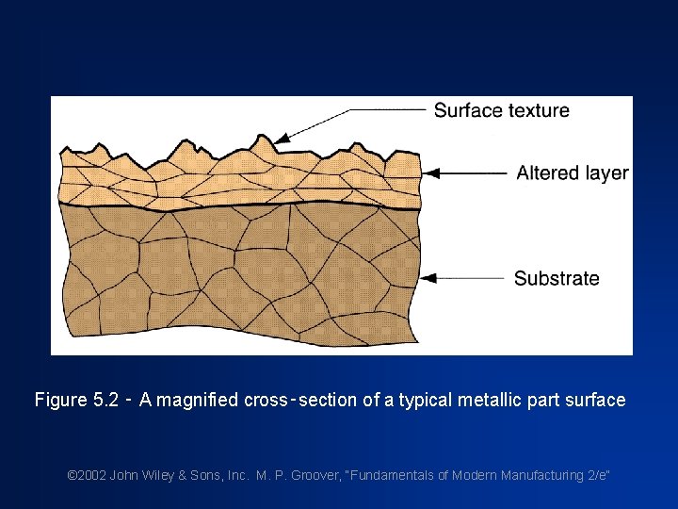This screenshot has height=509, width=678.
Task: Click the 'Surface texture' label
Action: (x=501, y=110)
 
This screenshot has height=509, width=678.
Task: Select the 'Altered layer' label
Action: (x=572, y=172)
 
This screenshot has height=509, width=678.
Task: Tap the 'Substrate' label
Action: (x=557, y=278)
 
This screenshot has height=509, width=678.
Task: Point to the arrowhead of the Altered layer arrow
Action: (x=430, y=173)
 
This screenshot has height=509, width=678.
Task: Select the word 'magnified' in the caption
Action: (x=199, y=400)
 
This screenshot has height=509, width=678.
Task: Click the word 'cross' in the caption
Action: (x=266, y=400)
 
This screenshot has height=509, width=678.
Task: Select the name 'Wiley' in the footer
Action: (x=155, y=475)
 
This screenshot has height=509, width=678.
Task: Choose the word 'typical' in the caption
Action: (x=426, y=400)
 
